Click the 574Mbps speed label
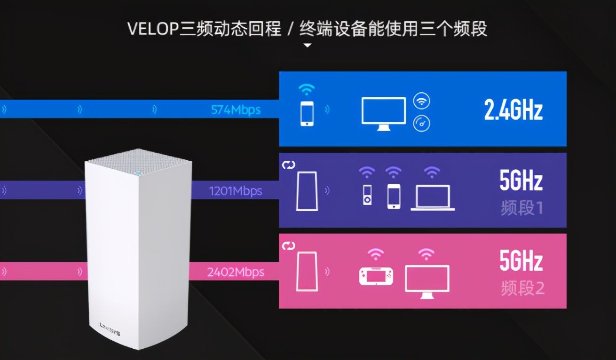pos(236,110)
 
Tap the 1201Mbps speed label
pos(236,191)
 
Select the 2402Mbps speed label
pos(236,272)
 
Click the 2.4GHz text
pos(513,110)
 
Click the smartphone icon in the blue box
pos(307,113)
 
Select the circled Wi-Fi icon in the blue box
pos(421,101)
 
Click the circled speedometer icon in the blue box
pos(421,123)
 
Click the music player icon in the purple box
pos(367,196)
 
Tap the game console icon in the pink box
pos(376,275)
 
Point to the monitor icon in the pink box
pos(427,281)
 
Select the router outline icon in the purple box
pos(307,190)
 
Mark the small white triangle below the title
pos(307,46)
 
